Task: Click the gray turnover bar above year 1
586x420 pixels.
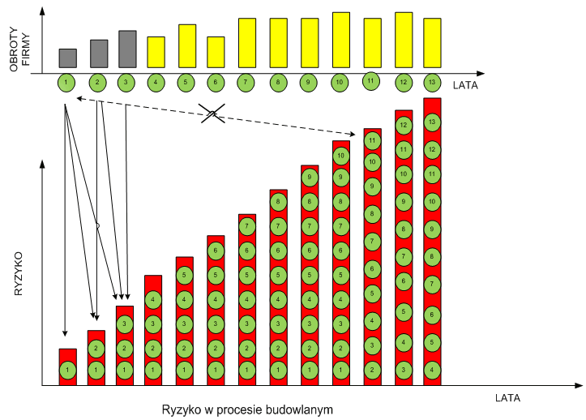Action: [x=68, y=58]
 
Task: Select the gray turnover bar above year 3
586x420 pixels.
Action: [x=127, y=49]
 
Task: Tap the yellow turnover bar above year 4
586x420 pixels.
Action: [x=156, y=52]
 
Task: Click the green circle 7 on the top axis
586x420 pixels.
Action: [x=248, y=82]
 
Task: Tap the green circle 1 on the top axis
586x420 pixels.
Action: [x=67, y=82]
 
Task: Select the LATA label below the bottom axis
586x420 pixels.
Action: [x=507, y=398]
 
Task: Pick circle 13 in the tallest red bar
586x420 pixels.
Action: [x=432, y=122]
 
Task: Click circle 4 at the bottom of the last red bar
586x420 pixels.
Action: [x=432, y=370]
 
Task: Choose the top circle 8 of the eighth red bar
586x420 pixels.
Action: [x=278, y=202]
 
